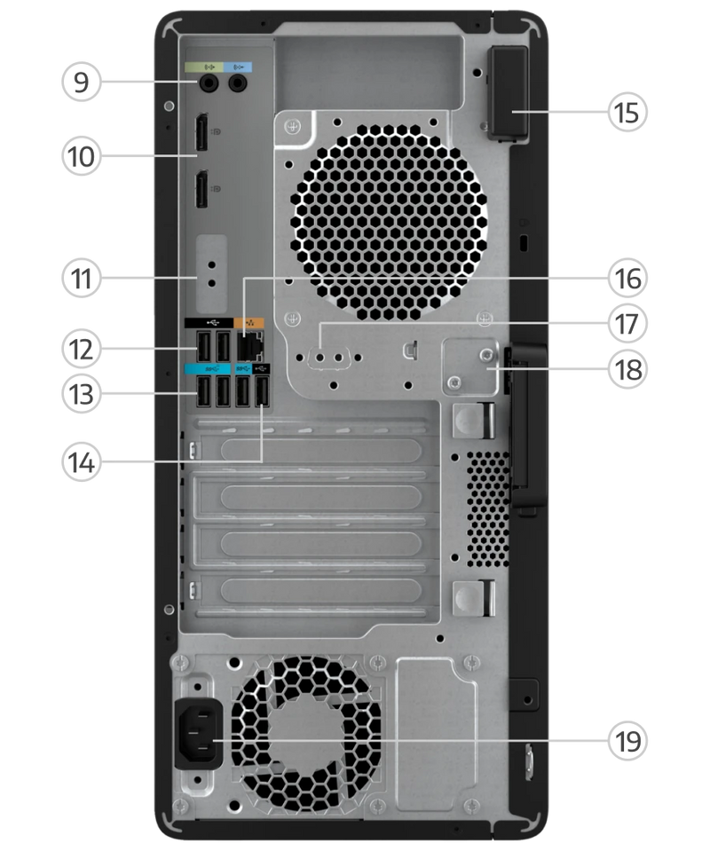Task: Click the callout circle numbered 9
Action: click(x=81, y=82)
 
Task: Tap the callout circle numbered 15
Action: click(x=627, y=113)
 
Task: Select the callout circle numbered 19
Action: click(x=627, y=741)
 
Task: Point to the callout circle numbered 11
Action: click(x=81, y=279)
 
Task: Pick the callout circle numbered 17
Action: click(x=627, y=324)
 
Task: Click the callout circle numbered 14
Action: click(x=81, y=462)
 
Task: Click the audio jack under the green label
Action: click(x=208, y=83)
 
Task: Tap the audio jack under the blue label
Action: click(x=237, y=83)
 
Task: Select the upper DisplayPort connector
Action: click(x=201, y=132)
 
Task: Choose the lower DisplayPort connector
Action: click(x=201, y=189)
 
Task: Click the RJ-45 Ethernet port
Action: click(x=249, y=346)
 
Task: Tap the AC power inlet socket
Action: click(x=199, y=733)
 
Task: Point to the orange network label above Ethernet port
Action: click(x=249, y=324)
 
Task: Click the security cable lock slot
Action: click(x=524, y=242)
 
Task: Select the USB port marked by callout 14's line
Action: click(x=262, y=391)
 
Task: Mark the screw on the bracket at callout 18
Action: click(x=487, y=355)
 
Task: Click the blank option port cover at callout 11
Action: click(x=211, y=274)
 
